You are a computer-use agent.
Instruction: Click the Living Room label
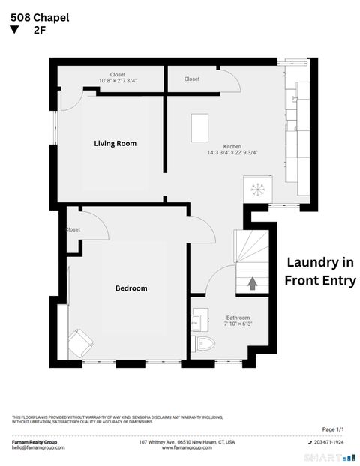(x=115, y=143)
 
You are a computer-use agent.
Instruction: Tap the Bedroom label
(x=131, y=288)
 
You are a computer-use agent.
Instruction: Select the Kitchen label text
(x=232, y=146)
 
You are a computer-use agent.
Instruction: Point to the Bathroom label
(x=238, y=318)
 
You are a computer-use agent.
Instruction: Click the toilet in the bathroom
(x=204, y=344)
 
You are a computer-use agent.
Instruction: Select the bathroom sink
(x=199, y=322)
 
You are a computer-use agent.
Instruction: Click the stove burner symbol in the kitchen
(x=257, y=188)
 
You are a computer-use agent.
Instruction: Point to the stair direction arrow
(x=252, y=283)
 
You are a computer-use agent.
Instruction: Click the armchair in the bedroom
(x=79, y=343)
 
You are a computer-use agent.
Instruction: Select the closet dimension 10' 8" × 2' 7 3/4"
(x=117, y=81)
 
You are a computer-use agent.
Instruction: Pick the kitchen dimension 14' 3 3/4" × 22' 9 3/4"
(x=232, y=153)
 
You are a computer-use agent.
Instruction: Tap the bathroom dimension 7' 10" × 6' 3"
(x=238, y=324)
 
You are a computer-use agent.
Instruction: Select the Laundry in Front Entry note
(x=319, y=271)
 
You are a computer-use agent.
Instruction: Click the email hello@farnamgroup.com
(x=38, y=447)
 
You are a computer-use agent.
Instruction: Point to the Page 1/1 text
(x=333, y=429)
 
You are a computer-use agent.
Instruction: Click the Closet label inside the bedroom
(x=73, y=229)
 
